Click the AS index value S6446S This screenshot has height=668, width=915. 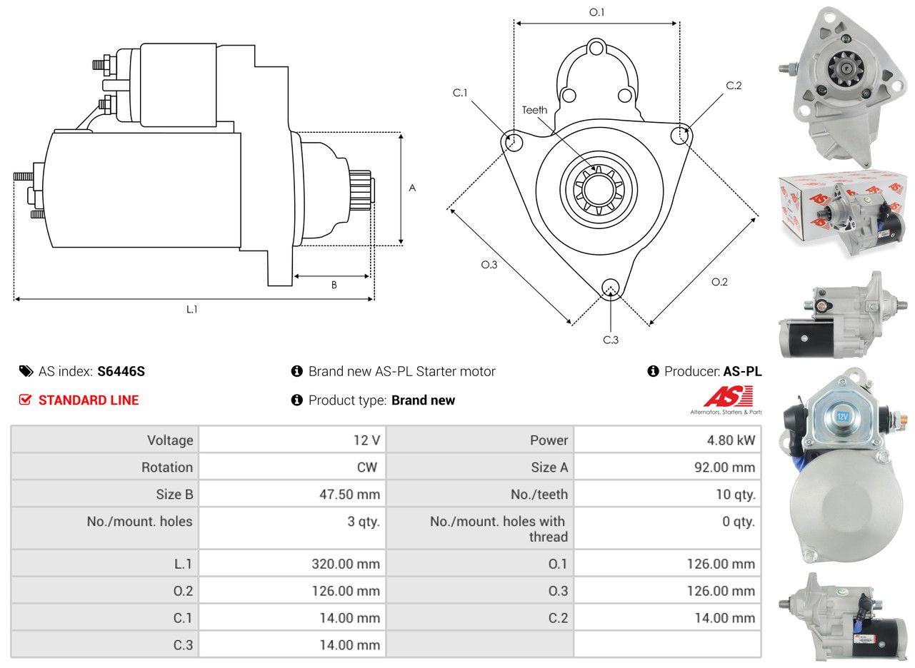pos(121,371)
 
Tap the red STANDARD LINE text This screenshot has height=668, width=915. pos(89,400)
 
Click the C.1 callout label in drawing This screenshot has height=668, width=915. pos(459,93)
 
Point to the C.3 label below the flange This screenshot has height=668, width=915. pos(610,340)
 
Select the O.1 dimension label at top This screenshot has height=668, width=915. pos(596,12)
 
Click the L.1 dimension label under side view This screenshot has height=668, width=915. pos(192,309)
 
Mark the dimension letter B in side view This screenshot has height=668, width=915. pos(334,285)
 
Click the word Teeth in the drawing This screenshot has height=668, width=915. pos(534,110)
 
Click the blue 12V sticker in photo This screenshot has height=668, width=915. pos(841,415)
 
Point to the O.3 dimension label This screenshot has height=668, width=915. pos(489,265)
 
